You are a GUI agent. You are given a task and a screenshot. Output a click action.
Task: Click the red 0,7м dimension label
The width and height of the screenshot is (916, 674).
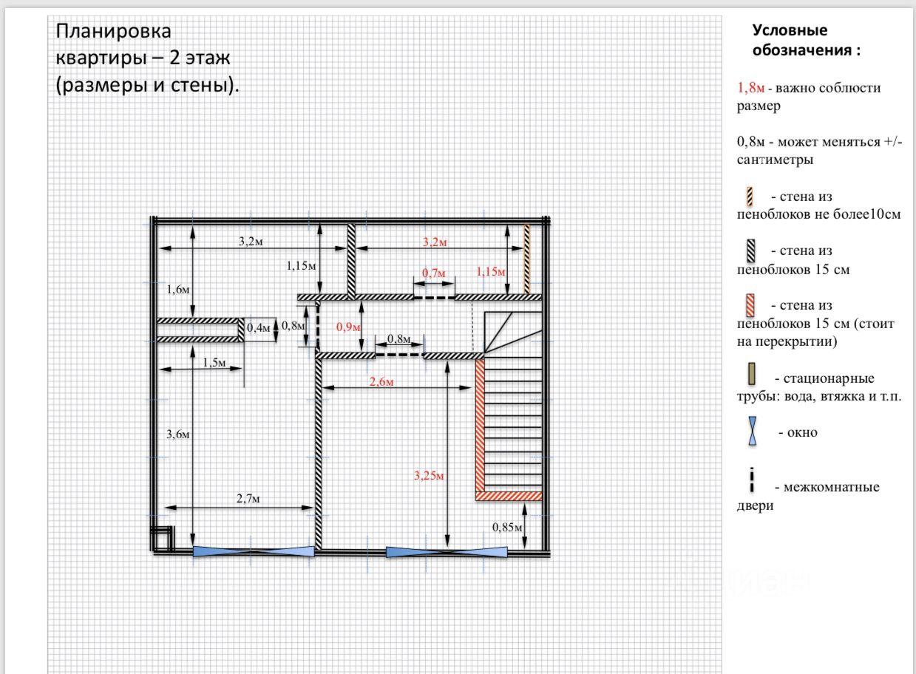click(x=433, y=273)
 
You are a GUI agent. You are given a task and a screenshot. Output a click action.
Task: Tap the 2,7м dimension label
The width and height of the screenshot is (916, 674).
click(x=248, y=499)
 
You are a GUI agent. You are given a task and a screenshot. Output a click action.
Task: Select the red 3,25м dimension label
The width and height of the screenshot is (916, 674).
click(x=429, y=475)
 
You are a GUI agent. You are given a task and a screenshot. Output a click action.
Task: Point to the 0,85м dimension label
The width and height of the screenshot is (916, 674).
click(x=507, y=527)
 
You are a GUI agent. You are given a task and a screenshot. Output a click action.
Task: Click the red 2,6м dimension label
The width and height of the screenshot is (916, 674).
click(x=381, y=382)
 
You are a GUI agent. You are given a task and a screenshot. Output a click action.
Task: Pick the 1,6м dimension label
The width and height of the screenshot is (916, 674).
click(x=178, y=290)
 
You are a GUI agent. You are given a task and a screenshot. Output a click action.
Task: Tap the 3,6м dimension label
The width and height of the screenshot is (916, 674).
click(x=178, y=434)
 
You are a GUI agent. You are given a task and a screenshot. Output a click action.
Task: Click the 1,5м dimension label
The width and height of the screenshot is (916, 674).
click(x=214, y=363)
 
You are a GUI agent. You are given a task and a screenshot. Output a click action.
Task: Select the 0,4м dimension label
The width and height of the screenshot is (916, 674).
click(x=259, y=327)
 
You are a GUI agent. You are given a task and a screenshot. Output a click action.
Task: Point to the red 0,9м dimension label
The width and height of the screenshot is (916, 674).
click(x=348, y=327)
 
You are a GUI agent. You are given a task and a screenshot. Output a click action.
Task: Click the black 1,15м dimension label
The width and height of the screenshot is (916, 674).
click(x=301, y=265)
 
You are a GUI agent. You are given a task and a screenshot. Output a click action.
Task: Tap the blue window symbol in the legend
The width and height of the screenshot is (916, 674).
click(x=752, y=431)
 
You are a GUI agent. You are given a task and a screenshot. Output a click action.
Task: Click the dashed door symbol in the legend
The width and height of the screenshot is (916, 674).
click(x=752, y=480)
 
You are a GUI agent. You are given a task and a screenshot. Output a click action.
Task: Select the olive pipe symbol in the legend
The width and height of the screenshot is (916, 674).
click(x=751, y=373)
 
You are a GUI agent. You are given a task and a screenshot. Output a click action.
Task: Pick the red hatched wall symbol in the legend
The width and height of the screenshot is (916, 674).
click(x=750, y=305)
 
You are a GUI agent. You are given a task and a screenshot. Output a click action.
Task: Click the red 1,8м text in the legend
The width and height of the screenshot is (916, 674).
click(x=751, y=87)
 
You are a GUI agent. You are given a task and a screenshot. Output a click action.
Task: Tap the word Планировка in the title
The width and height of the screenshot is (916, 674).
click(x=113, y=31)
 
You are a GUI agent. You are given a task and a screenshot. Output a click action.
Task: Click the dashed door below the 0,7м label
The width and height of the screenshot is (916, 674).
click(x=434, y=298)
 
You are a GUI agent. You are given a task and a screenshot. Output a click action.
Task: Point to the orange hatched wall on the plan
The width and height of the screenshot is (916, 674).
click(x=527, y=259)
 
